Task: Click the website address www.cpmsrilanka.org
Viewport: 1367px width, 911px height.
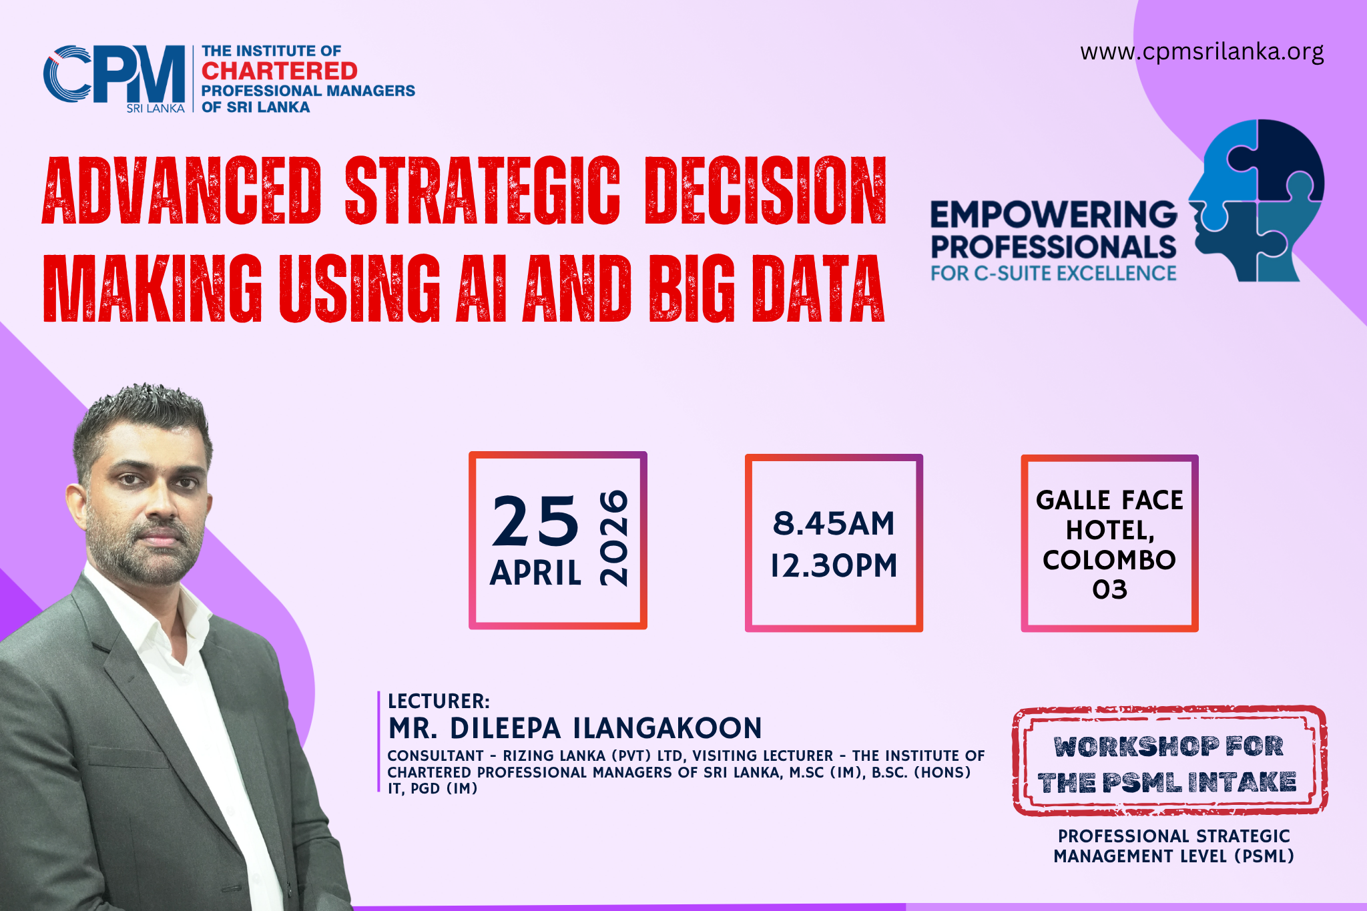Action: (x=1201, y=52)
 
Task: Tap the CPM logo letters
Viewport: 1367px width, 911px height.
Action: (x=114, y=74)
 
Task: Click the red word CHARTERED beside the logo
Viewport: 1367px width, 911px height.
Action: (x=280, y=71)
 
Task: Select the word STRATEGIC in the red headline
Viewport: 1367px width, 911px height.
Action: (x=483, y=191)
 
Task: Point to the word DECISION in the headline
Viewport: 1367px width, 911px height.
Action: (x=766, y=191)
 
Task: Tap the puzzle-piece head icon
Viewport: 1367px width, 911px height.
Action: (x=1256, y=200)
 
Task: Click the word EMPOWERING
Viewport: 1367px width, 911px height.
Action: (x=1054, y=215)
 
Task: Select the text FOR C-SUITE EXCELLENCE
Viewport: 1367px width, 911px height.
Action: (x=1054, y=274)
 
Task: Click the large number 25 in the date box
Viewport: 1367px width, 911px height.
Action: (x=535, y=521)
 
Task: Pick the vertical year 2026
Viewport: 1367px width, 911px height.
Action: (x=614, y=539)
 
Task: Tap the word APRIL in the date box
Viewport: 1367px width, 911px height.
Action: (x=535, y=573)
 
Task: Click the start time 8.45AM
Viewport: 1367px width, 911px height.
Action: (x=834, y=523)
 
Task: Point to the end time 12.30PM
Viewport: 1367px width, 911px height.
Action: (x=834, y=566)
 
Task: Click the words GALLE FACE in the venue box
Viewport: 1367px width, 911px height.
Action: (x=1109, y=501)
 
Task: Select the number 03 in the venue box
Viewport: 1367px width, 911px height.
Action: (x=1109, y=589)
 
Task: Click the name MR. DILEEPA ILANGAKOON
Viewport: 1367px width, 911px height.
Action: (x=575, y=728)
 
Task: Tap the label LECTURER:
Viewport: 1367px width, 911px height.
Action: (x=439, y=701)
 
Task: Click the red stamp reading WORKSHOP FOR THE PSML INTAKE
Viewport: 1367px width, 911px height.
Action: (x=1169, y=761)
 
